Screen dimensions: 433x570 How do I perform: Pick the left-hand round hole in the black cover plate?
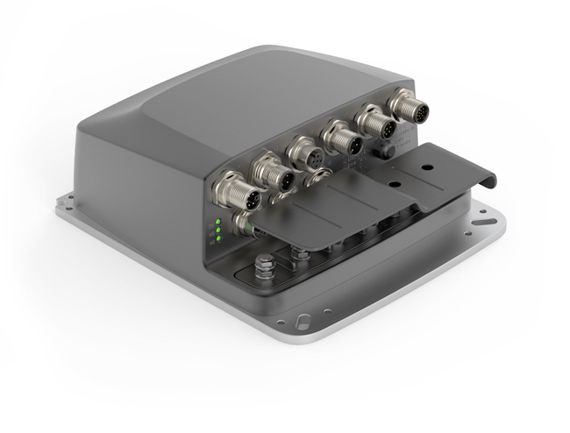click(392, 186)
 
